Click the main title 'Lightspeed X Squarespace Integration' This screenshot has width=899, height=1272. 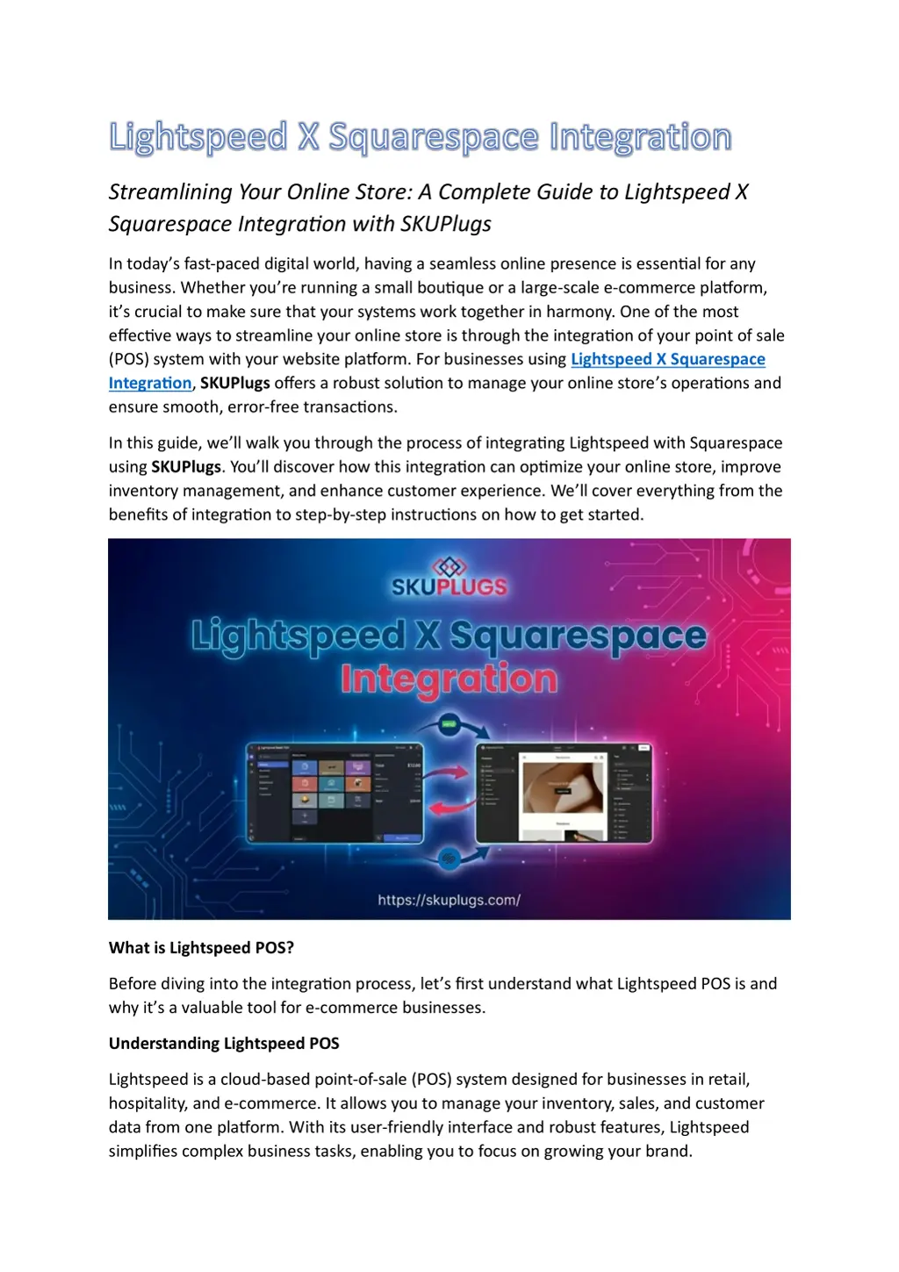pos(420,138)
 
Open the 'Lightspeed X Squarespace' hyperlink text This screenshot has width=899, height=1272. pos(667,359)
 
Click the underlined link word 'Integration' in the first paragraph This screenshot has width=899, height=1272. pos(149,383)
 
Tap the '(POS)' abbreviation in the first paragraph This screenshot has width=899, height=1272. pos(128,359)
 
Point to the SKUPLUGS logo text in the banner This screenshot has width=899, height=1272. pos(449,586)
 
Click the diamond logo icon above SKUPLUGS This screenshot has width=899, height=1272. pos(449,565)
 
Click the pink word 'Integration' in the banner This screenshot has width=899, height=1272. pos(449,679)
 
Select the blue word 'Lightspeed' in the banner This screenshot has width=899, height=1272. pos(298,635)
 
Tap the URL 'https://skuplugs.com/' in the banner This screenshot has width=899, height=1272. pos(449,900)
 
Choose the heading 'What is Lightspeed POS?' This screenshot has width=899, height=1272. pos(201,948)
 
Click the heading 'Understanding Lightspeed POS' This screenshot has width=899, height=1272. pos(224,1044)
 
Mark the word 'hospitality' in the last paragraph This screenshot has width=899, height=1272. pos(147,1103)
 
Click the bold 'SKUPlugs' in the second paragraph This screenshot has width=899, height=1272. pos(186,467)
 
